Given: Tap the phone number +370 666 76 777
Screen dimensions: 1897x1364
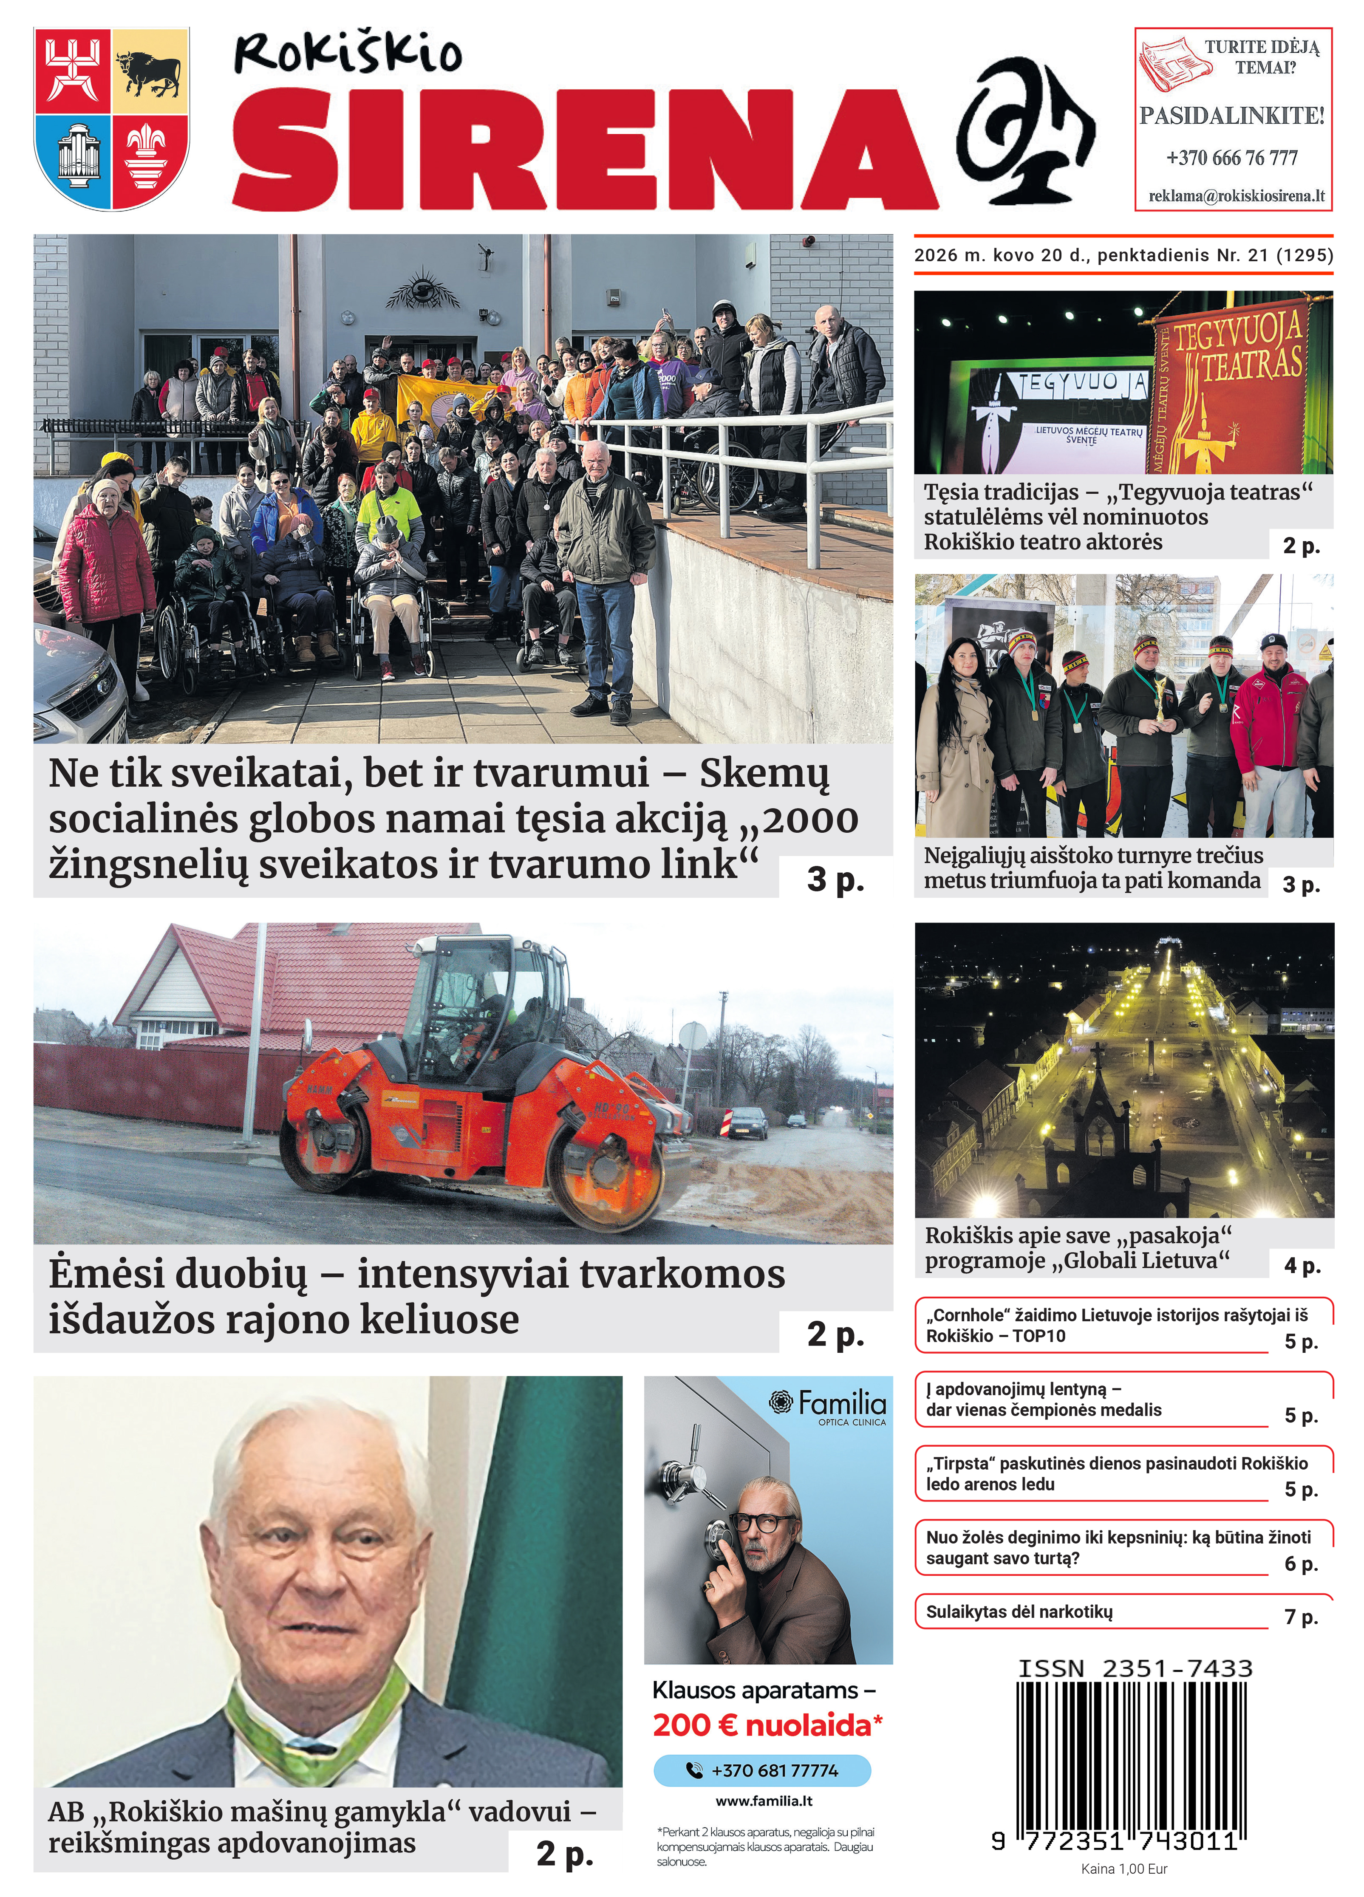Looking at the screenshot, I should point(1232,157).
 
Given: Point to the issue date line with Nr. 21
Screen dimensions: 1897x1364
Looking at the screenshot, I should point(1123,255).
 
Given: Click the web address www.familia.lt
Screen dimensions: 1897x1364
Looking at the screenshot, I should point(764,1801).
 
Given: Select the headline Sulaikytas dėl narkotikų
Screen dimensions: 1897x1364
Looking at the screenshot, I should point(1019,1612).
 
